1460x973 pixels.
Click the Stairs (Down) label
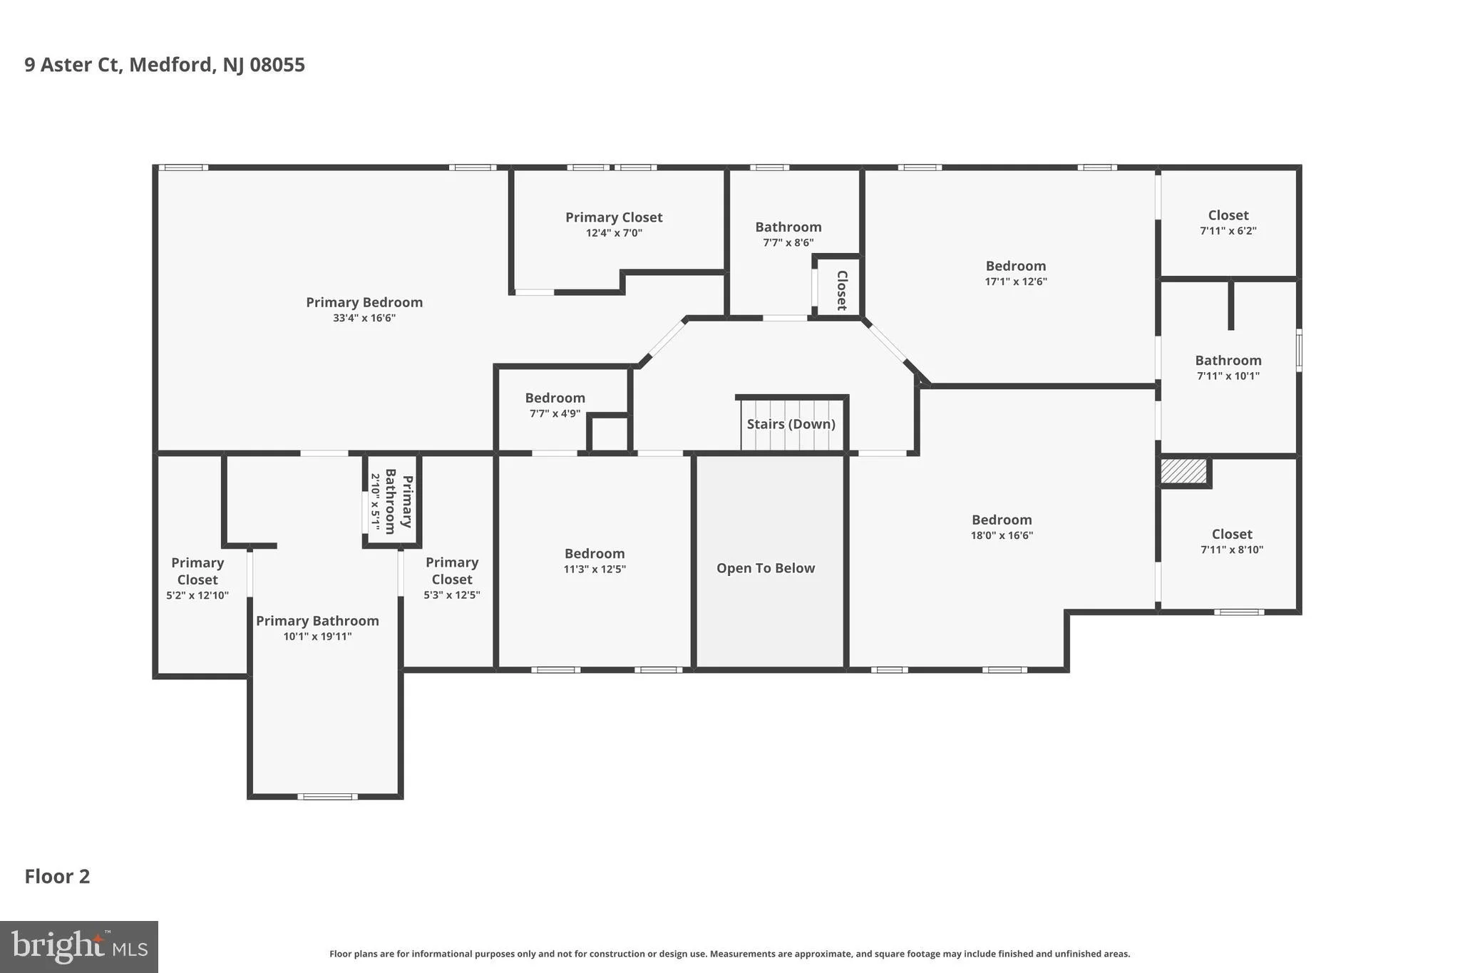point(791,424)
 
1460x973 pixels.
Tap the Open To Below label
point(766,568)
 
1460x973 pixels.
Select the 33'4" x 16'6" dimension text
point(364,318)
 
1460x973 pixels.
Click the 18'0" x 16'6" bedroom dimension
point(1002,535)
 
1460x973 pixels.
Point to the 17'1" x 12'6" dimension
point(1016,282)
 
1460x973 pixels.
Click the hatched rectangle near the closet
point(1183,471)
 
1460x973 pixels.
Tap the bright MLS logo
point(79,947)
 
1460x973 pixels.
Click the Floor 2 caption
point(58,877)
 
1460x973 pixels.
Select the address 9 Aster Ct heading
point(165,65)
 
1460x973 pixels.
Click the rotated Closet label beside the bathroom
point(841,291)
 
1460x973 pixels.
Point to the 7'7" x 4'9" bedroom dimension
point(555,413)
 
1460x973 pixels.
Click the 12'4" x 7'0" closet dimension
point(614,233)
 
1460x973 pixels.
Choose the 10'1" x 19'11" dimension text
point(317,637)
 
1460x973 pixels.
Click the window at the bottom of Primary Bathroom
point(327,796)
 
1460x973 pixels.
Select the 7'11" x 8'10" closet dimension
point(1232,550)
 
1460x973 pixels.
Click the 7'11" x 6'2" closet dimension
point(1228,231)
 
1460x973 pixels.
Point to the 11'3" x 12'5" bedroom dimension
point(595,569)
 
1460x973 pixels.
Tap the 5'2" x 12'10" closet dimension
point(197,595)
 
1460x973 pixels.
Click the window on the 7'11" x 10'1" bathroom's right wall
point(1299,350)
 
